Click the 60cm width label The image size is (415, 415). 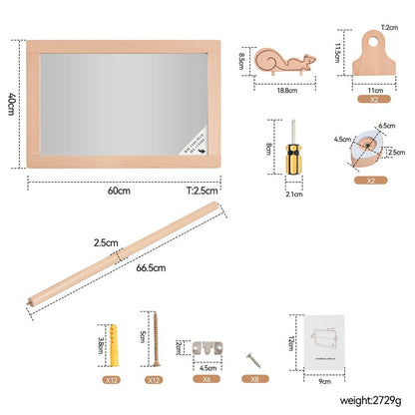pyautogui.click(x=119, y=191)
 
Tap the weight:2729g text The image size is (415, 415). pyautogui.click(x=355, y=402)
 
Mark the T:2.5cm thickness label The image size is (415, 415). pyautogui.click(x=201, y=191)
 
